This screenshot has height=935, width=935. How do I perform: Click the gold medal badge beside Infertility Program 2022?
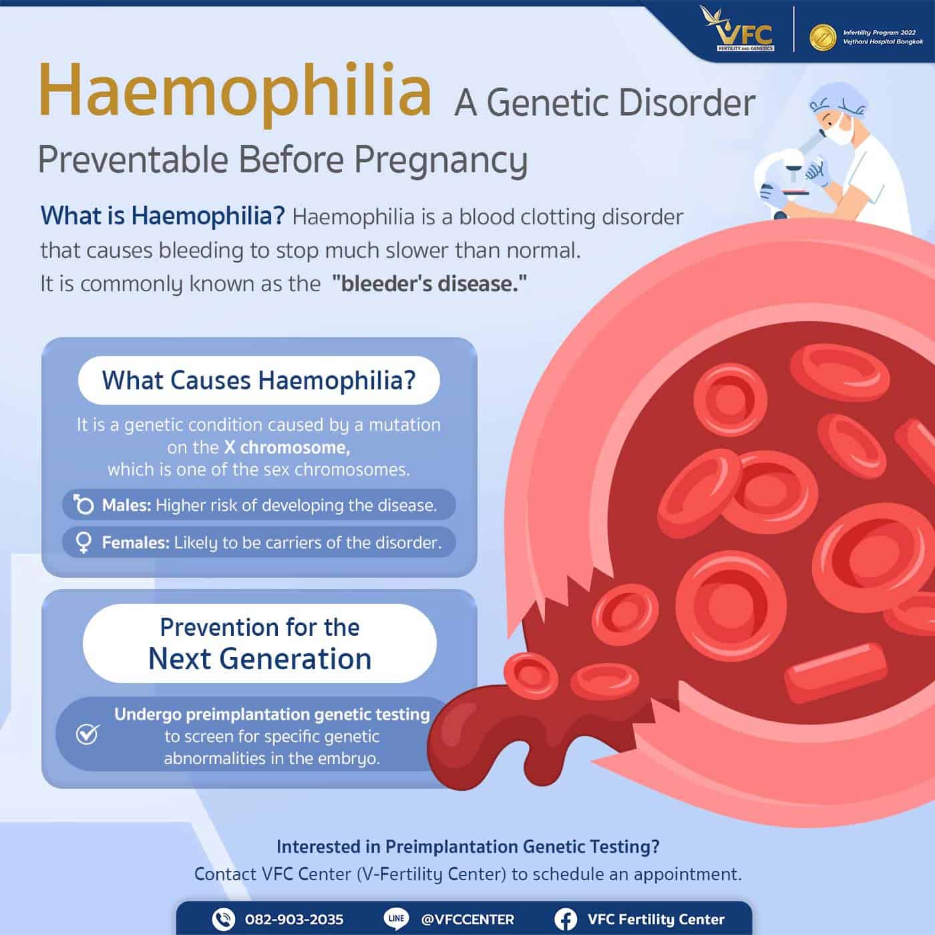(823, 37)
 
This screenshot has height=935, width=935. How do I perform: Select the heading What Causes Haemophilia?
(259, 381)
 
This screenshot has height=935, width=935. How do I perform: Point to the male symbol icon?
(83, 504)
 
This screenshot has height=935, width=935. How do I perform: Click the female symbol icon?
(83, 542)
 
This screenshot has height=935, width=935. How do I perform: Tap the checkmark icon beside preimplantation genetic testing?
(87, 735)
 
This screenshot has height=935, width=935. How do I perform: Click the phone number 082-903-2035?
(294, 920)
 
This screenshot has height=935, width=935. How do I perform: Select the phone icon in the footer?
(223, 920)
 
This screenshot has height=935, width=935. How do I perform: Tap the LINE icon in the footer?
(397, 919)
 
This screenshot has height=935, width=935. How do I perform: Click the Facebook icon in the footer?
(566, 920)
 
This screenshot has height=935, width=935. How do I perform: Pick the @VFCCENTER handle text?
(467, 920)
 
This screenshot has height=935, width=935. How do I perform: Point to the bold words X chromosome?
(287, 447)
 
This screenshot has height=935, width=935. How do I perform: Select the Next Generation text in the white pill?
(260, 659)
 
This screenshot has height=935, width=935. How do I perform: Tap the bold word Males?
(126, 505)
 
